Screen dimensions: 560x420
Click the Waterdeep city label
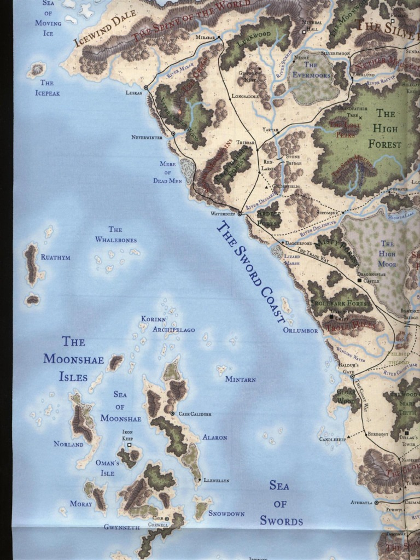pyautogui.click(x=223, y=214)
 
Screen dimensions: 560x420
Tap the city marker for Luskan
pyautogui.click(x=146, y=87)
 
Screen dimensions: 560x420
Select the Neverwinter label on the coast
pyautogui.click(x=147, y=137)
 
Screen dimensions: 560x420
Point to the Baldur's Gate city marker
pyautogui.click(x=352, y=376)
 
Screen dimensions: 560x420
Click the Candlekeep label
pyautogui.click(x=332, y=439)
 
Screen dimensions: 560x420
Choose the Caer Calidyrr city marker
pyautogui.click(x=172, y=413)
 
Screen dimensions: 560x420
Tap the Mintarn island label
pyautogui.click(x=241, y=379)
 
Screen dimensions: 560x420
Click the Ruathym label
pyautogui.click(x=56, y=257)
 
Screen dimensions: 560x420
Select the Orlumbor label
pyautogui.click(x=300, y=330)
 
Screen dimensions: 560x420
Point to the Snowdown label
pyautogui.click(x=226, y=514)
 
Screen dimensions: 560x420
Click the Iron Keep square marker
pyautogui.click(x=129, y=445)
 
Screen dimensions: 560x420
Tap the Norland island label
pyautogui.click(x=69, y=444)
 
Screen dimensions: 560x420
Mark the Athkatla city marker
pyautogui.click(x=376, y=502)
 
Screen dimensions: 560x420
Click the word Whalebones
pyautogui.click(x=116, y=240)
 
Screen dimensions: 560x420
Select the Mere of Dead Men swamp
pyautogui.click(x=188, y=170)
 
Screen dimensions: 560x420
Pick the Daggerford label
pyautogui.click(x=299, y=242)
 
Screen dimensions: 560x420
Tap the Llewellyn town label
pyautogui.click(x=216, y=480)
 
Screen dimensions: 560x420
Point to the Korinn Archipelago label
pyautogui.click(x=167, y=324)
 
